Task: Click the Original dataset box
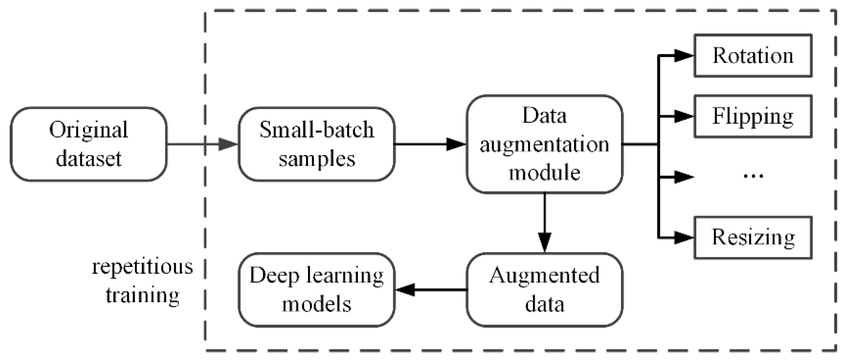(x=87, y=144)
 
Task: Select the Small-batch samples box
(x=316, y=144)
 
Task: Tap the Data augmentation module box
(x=544, y=144)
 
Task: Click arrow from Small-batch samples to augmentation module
(x=430, y=145)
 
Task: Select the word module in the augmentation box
(x=544, y=171)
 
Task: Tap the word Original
(x=87, y=130)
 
